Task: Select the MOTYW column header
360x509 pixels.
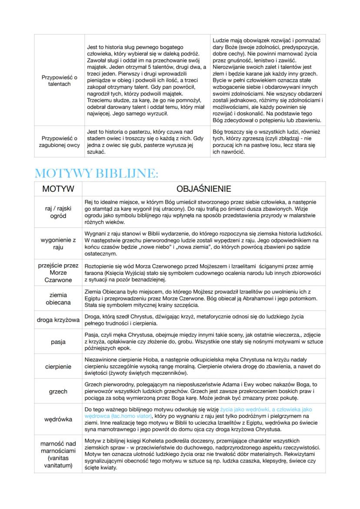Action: (x=57, y=189)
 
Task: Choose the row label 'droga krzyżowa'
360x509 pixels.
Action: (x=57, y=320)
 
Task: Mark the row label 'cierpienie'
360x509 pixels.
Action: (x=57, y=366)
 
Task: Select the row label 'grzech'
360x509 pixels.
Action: (x=57, y=391)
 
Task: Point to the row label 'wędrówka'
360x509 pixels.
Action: (x=57, y=420)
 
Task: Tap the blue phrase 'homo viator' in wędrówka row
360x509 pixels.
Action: (x=137, y=416)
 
